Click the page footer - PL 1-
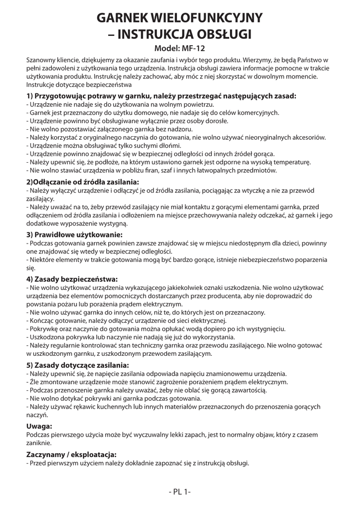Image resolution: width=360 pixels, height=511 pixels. [x=180, y=492]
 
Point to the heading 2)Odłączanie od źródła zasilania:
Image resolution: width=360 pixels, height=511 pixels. [x=82, y=182]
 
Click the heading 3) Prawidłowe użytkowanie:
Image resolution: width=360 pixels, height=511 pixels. [x=74, y=234]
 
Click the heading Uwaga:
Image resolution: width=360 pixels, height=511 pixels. [x=39, y=426]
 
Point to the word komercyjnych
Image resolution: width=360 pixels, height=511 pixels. [x=258, y=113]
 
